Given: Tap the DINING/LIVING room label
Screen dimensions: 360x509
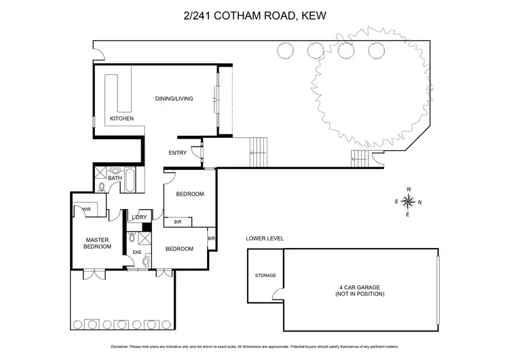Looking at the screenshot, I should pyautogui.click(x=174, y=98).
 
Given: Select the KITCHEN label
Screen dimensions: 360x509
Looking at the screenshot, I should pyautogui.click(x=121, y=119).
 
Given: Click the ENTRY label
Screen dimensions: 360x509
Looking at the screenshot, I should pyautogui.click(x=177, y=153).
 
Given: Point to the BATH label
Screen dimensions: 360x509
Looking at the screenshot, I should pyautogui.click(x=115, y=178).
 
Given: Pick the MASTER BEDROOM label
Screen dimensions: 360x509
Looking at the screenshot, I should pyautogui.click(x=98, y=242).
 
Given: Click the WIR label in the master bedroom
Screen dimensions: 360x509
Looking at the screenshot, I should pyautogui.click(x=87, y=209).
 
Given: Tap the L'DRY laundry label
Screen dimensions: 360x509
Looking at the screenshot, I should pyautogui.click(x=140, y=217).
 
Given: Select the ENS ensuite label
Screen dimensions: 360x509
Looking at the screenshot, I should pyautogui.click(x=136, y=252).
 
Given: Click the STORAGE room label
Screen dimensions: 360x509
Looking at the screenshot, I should pyautogui.click(x=265, y=275).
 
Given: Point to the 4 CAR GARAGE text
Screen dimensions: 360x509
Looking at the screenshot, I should pyautogui.click(x=360, y=290).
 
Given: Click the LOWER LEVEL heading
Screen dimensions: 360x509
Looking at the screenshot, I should pyautogui.click(x=265, y=238).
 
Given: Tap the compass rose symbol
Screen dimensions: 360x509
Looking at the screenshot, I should pyautogui.click(x=409, y=201).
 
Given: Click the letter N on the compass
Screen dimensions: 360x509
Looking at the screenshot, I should pyautogui.click(x=420, y=202).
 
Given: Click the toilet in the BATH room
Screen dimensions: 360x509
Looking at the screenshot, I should pyautogui.click(x=102, y=185).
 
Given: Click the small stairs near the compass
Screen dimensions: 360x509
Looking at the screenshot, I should pyautogui.click(x=359, y=160).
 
